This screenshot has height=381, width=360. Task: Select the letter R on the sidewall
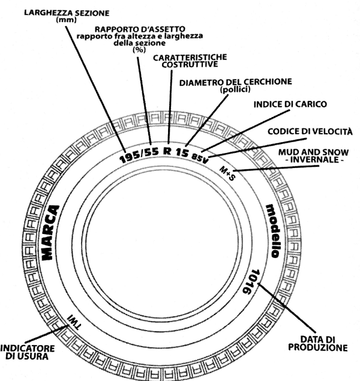coord(167,151)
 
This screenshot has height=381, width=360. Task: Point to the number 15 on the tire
coord(182,152)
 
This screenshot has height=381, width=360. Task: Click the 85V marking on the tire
coord(200,158)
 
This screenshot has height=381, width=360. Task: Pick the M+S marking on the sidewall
coord(227,173)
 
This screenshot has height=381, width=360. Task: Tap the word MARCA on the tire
coord(50,233)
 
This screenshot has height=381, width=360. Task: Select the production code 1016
coord(251,281)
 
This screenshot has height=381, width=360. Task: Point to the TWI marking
coord(74,322)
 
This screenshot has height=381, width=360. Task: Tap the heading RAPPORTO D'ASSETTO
coord(140,29)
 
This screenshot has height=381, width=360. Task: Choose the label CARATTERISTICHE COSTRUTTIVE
coord(190,61)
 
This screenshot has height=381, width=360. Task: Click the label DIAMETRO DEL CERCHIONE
coord(236,82)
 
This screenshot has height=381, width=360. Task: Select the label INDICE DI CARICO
coord(290,104)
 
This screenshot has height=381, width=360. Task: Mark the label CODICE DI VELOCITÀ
coord(310,131)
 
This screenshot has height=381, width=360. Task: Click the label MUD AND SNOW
coord(313,152)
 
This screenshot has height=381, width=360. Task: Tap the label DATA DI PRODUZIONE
coord(318,344)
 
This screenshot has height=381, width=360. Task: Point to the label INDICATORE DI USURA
coord(27,352)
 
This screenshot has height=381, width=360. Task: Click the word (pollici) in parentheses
coord(235,89)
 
